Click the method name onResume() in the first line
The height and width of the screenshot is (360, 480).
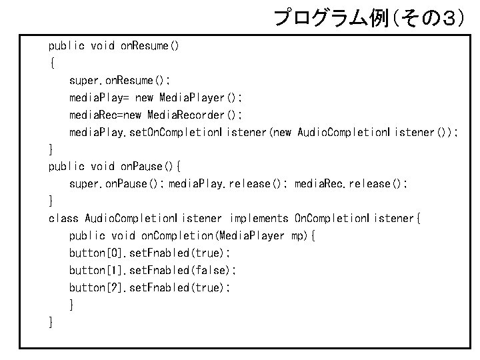click(x=149, y=46)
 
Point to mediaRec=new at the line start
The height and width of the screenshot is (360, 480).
click(x=105, y=115)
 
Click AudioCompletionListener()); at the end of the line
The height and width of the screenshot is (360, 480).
click(x=378, y=132)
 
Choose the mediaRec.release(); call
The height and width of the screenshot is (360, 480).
click(x=351, y=184)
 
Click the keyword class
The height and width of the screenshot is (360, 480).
click(x=63, y=218)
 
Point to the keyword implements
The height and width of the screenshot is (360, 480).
click(x=259, y=219)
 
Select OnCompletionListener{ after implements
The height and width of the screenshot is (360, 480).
click(x=357, y=218)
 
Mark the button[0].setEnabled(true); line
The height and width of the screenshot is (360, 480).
click(x=150, y=253)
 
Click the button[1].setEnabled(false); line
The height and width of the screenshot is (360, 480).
click(x=153, y=271)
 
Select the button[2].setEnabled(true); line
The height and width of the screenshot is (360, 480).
click(x=150, y=288)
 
